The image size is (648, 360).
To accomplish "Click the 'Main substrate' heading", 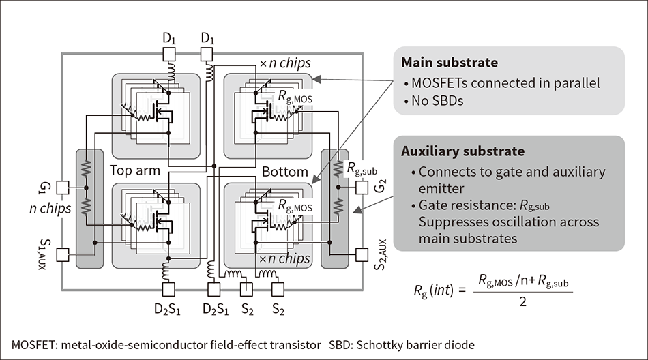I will (x=450, y=63).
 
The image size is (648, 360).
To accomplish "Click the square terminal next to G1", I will (x=62, y=187).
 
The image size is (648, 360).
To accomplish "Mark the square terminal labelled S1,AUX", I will (x=62, y=254).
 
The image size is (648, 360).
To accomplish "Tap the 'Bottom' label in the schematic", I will (x=285, y=171).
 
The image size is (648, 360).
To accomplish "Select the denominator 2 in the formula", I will (x=523, y=301).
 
